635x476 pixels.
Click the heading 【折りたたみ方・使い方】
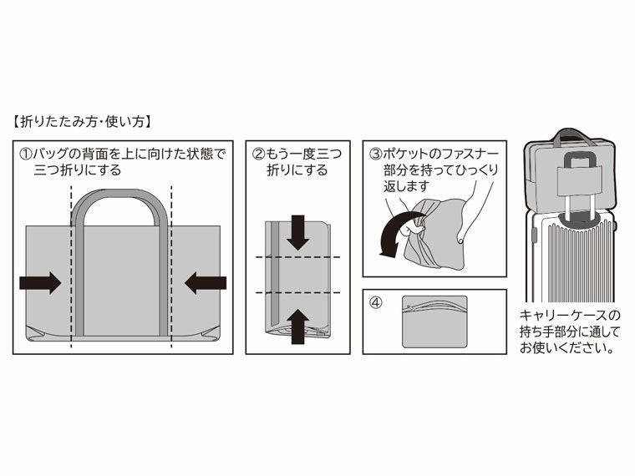point(81,122)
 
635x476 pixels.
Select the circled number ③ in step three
point(376,154)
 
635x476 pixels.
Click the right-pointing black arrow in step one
point(39,282)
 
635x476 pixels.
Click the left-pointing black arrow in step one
point(206,282)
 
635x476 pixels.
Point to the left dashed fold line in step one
point(73,267)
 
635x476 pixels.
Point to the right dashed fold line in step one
point(171,267)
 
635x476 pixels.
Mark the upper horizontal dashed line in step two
point(297,257)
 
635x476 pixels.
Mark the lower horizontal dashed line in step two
point(297,292)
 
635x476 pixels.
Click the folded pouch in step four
point(434,322)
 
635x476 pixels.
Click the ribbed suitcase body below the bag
point(568,259)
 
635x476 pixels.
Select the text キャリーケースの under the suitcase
point(571,316)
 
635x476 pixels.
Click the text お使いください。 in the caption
point(566,347)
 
